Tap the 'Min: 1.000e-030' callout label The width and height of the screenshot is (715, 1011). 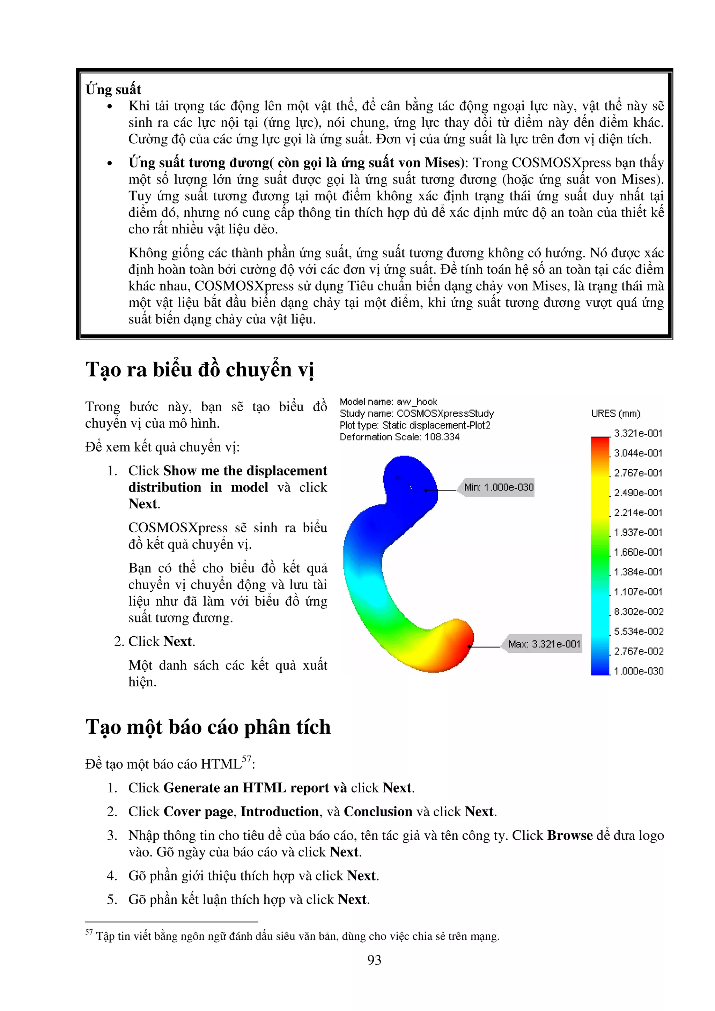pyautogui.click(x=498, y=487)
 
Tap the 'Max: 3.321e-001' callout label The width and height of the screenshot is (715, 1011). pyautogui.click(x=544, y=644)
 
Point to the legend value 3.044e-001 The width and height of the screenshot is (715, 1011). pyautogui.click(x=638, y=453)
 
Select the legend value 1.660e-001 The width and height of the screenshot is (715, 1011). pyautogui.click(x=638, y=552)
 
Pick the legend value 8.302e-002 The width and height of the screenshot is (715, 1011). pyautogui.click(x=638, y=612)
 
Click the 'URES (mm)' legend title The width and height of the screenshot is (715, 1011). pyautogui.click(x=616, y=413)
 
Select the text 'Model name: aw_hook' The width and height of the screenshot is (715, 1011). pyautogui.click(x=388, y=402)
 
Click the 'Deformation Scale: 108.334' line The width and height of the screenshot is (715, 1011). pyautogui.click(x=399, y=437)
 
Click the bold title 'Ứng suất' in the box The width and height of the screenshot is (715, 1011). pyautogui.click(x=113, y=89)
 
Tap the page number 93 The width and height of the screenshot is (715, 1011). pyautogui.click(x=374, y=960)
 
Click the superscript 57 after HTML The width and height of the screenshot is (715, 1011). pyautogui.click(x=247, y=759)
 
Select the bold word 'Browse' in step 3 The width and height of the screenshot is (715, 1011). pyautogui.click(x=570, y=835)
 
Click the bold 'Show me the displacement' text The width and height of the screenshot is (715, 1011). pyautogui.click(x=245, y=471)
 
